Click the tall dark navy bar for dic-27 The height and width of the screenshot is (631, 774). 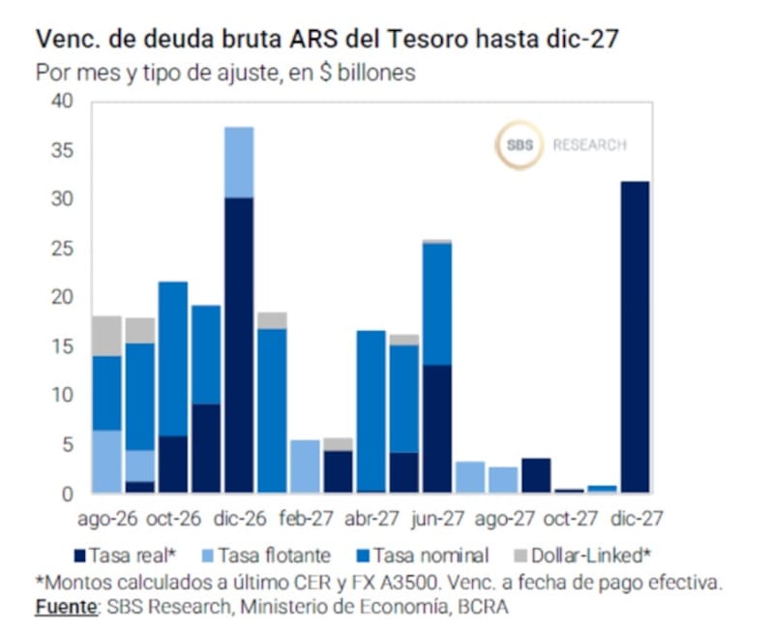click(x=635, y=337)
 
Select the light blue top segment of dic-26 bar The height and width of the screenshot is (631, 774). click(x=239, y=163)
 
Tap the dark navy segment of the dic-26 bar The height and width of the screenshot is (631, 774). click(x=239, y=346)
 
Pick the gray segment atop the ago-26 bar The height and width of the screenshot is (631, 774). click(x=107, y=336)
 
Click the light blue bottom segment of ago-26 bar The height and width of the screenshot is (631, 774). click(x=107, y=462)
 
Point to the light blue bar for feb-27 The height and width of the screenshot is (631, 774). click(x=305, y=466)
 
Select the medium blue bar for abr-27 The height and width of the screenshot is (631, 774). click(x=372, y=411)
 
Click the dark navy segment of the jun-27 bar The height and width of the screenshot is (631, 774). click(x=437, y=429)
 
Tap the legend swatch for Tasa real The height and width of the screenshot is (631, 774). click(x=79, y=556)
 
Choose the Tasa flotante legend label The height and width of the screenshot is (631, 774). click(x=275, y=556)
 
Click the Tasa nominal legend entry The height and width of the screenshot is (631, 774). click(x=423, y=556)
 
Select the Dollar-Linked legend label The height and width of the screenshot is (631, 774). click(x=591, y=556)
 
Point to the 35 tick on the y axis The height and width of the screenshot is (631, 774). click(x=62, y=150)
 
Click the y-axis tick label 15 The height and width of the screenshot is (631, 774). click(x=62, y=346)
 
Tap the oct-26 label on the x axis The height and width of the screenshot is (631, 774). click(x=174, y=519)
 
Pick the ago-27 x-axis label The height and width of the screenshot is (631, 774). click(x=504, y=519)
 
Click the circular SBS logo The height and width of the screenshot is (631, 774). click(x=520, y=145)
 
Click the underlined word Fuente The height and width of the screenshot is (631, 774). click(x=66, y=607)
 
